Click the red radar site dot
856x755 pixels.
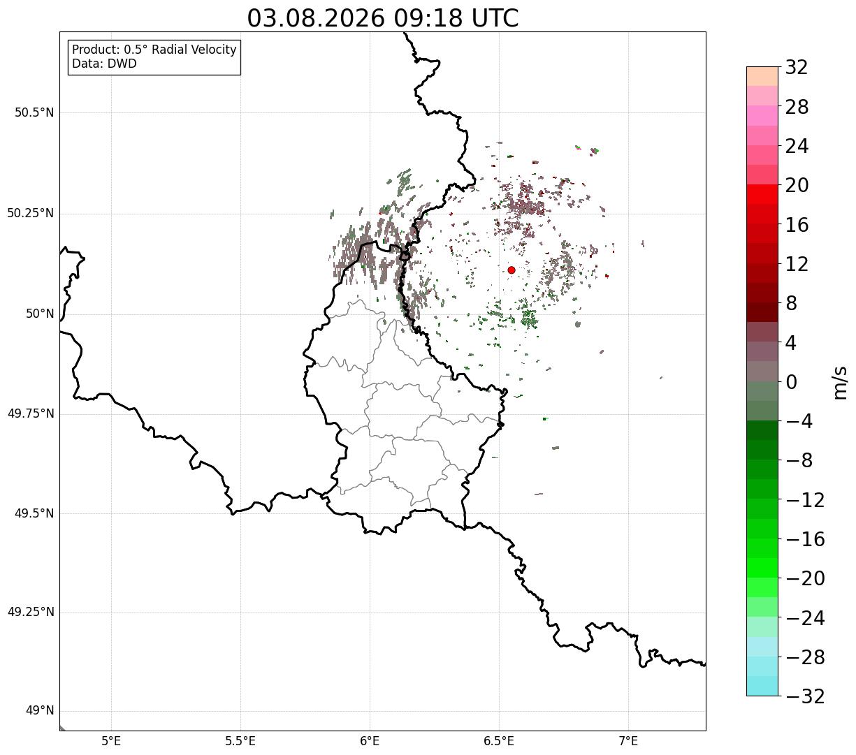(x=512, y=270)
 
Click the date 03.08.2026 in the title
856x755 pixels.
(x=316, y=19)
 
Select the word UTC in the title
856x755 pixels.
(x=495, y=19)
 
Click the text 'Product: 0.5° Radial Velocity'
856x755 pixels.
(x=154, y=50)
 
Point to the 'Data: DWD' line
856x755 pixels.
(x=104, y=64)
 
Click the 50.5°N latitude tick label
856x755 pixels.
(x=34, y=112)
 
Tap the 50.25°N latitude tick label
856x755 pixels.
(x=31, y=213)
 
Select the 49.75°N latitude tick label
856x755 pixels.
(x=31, y=413)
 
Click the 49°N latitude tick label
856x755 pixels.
(x=40, y=711)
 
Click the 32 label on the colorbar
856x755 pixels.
(x=797, y=68)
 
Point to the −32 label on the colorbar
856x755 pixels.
(x=805, y=696)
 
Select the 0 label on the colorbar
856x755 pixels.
(x=791, y=382)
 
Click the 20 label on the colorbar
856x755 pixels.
(x=797, y=185)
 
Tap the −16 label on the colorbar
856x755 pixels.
(x=805, y=539)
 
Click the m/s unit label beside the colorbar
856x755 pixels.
(x=841, y=383)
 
